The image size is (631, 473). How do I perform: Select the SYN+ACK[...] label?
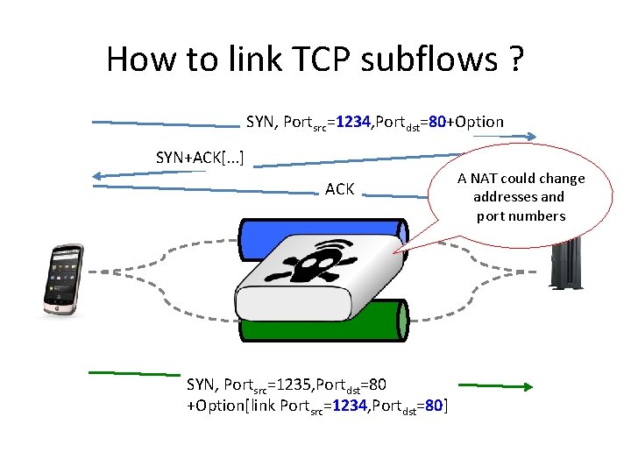click(200, 158)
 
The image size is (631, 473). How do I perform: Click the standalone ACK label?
click(339, 188)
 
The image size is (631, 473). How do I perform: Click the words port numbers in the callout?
click(521, 215)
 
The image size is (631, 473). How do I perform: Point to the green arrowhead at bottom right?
click(528, 385)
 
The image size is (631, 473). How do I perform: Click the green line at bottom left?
click(131, 372)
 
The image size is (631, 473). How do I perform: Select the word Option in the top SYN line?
click(477, 122)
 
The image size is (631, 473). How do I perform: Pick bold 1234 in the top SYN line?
click(352, 122)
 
